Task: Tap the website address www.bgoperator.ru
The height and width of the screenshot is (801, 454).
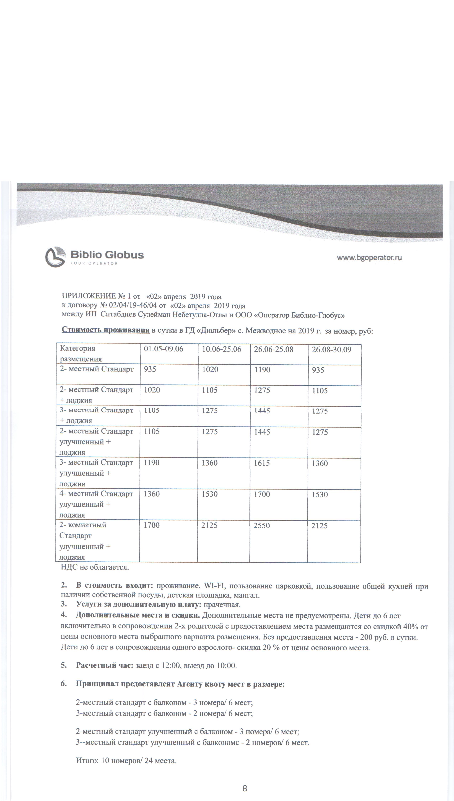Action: [x=369, y=258]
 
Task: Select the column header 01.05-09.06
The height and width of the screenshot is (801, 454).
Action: [x=163, y=349]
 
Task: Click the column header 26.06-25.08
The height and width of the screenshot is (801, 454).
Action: [x=273, y=349]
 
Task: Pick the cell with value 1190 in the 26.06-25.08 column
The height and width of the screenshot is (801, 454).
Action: [x=262, y=370]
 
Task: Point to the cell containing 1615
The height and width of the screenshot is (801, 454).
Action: [x=262, y=463]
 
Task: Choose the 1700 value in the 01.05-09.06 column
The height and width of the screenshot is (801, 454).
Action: [x=152, y=525]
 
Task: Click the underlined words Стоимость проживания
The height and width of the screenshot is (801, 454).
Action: [x=105, y=330]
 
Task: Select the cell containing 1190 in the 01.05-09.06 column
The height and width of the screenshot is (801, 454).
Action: [x=152, y=463]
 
